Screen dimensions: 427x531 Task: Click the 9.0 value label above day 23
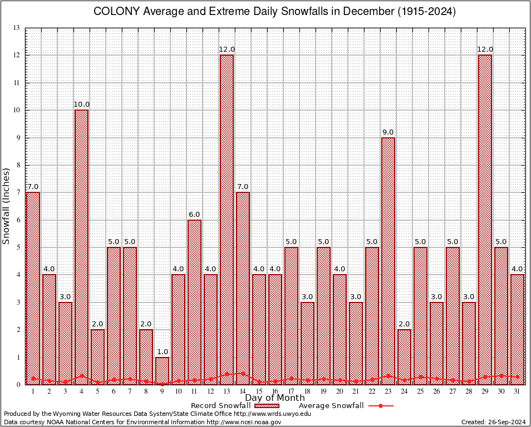click(x=388, y=132)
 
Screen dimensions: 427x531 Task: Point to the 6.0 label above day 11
click(x=194, y=214)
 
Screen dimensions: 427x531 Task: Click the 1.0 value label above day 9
click(x=162, y=351)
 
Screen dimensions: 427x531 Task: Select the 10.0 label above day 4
click(x=81, y=105)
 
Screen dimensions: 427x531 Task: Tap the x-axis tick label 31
click(x=517, y=392)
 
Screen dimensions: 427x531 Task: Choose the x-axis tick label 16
click(x=275, y=392)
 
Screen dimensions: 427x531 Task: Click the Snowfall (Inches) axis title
click(x=7, y=206)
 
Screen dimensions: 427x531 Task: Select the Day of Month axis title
click(x=274, y=398)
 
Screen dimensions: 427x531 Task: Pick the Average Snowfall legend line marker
click(x=380, y=406)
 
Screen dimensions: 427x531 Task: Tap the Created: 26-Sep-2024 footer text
click(x=494, y=422)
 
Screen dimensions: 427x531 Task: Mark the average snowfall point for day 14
click(x=243, y=374)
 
